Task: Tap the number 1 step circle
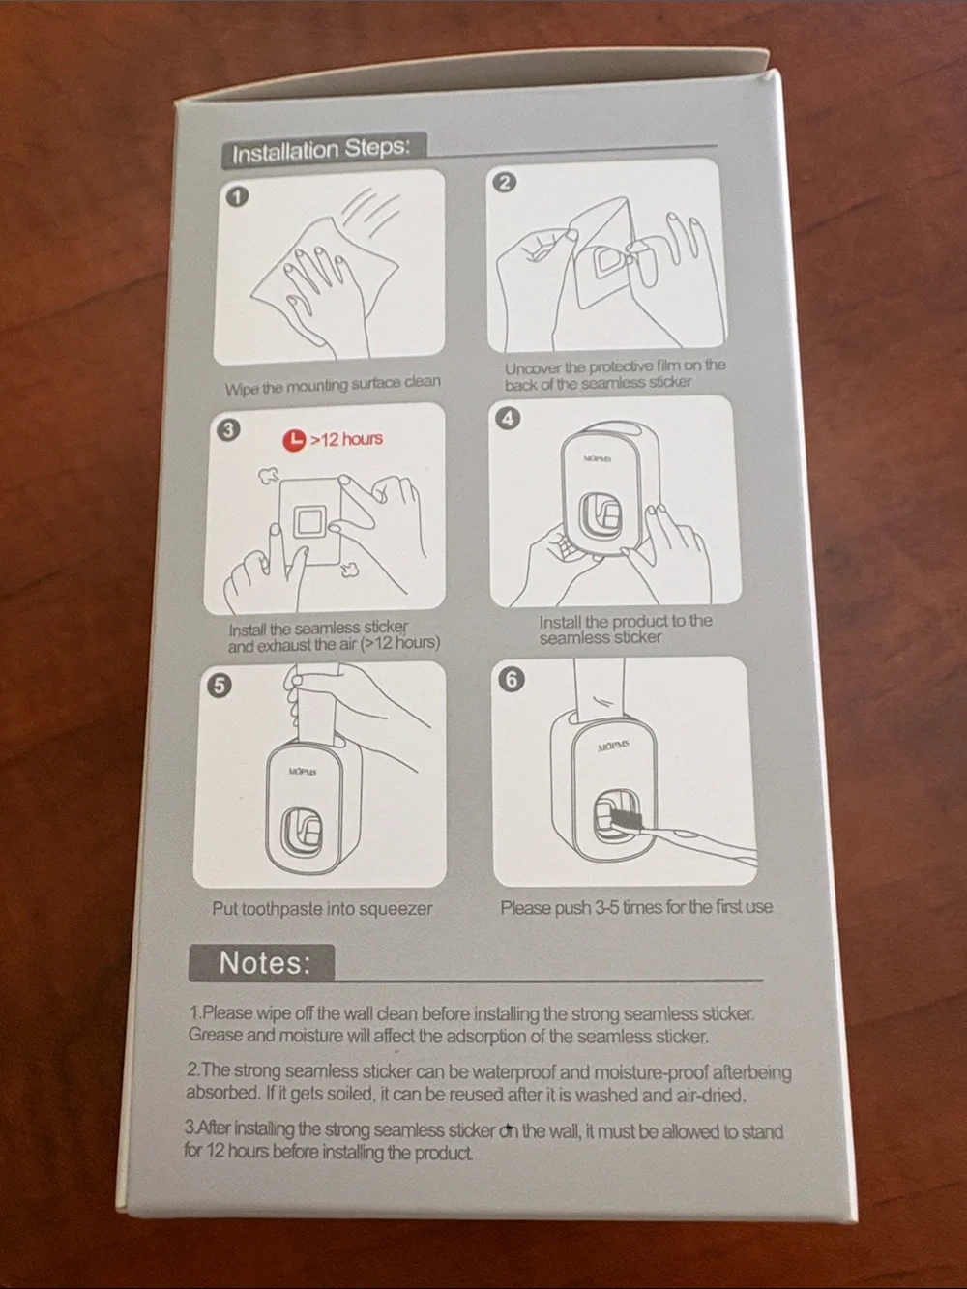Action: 237,196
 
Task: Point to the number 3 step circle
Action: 229,430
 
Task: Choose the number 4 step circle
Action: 509,419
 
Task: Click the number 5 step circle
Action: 219,686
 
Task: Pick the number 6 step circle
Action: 512,680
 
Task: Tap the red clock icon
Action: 294,440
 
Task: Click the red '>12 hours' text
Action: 346,439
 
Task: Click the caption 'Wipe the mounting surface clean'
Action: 333,385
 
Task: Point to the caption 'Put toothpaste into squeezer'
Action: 322,909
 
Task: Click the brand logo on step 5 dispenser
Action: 303,771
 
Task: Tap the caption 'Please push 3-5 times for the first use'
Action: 636,908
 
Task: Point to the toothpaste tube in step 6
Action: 599,691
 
